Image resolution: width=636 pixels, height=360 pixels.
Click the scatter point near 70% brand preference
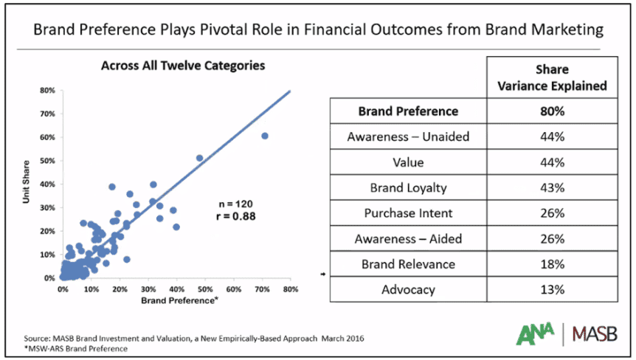coord(264,136)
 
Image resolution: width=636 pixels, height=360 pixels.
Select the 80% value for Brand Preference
coord(552,111)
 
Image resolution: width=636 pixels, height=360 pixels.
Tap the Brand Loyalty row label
coord(407,187)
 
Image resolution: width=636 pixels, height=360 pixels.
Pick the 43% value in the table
coord(552,187)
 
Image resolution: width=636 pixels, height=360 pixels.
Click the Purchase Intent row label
coord(407,213)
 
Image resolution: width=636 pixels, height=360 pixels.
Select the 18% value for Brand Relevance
coord(552,263)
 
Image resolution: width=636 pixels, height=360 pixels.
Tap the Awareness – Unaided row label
coord(407,137)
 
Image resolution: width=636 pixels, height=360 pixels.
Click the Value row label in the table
coord(407,162)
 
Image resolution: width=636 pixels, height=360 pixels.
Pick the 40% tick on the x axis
coord(177,288)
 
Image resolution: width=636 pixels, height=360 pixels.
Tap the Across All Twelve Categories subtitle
coord(182,66)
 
